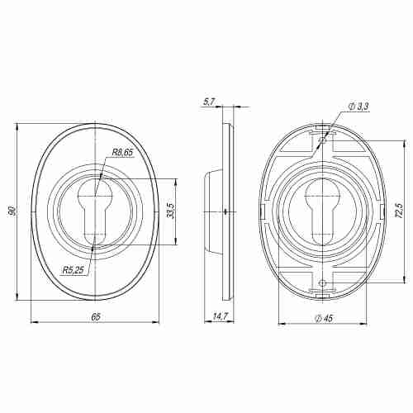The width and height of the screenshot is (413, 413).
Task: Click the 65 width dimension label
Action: [x=95, y=316]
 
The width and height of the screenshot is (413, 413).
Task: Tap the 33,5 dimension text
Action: [x=169, y=212]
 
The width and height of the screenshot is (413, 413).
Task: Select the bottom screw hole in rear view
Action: [x=320, y=283]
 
